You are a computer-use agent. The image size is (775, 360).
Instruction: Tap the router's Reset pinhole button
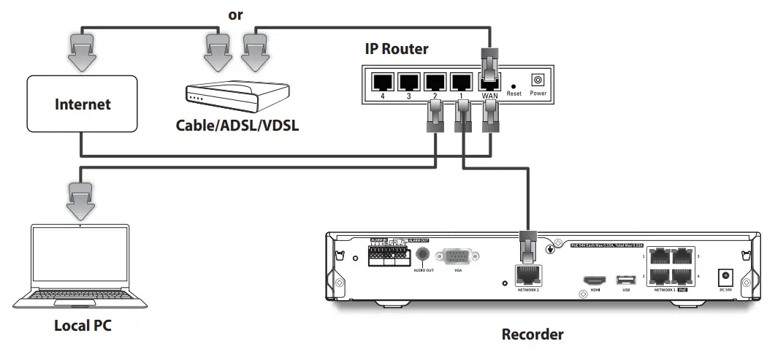[x=514, y=85]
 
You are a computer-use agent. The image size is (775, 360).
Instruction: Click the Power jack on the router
[x=538, y=80]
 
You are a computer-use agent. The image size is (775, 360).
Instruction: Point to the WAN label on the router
[x=489, y=95]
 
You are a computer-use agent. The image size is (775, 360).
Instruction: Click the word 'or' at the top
[x=236, y=14]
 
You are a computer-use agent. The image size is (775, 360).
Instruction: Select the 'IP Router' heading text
[x=397, y=49]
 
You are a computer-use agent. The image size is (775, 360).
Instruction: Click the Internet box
[x=83, y=104]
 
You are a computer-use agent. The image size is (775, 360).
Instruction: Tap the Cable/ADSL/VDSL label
[x=237, y=125]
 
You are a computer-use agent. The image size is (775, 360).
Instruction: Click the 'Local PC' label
[x=82, y=324]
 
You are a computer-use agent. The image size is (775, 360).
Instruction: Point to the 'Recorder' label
[x=532, y=335]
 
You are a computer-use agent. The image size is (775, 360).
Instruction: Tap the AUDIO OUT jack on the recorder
[x=421, y=255]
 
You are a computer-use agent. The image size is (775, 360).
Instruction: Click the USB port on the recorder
[x=624, y=280]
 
